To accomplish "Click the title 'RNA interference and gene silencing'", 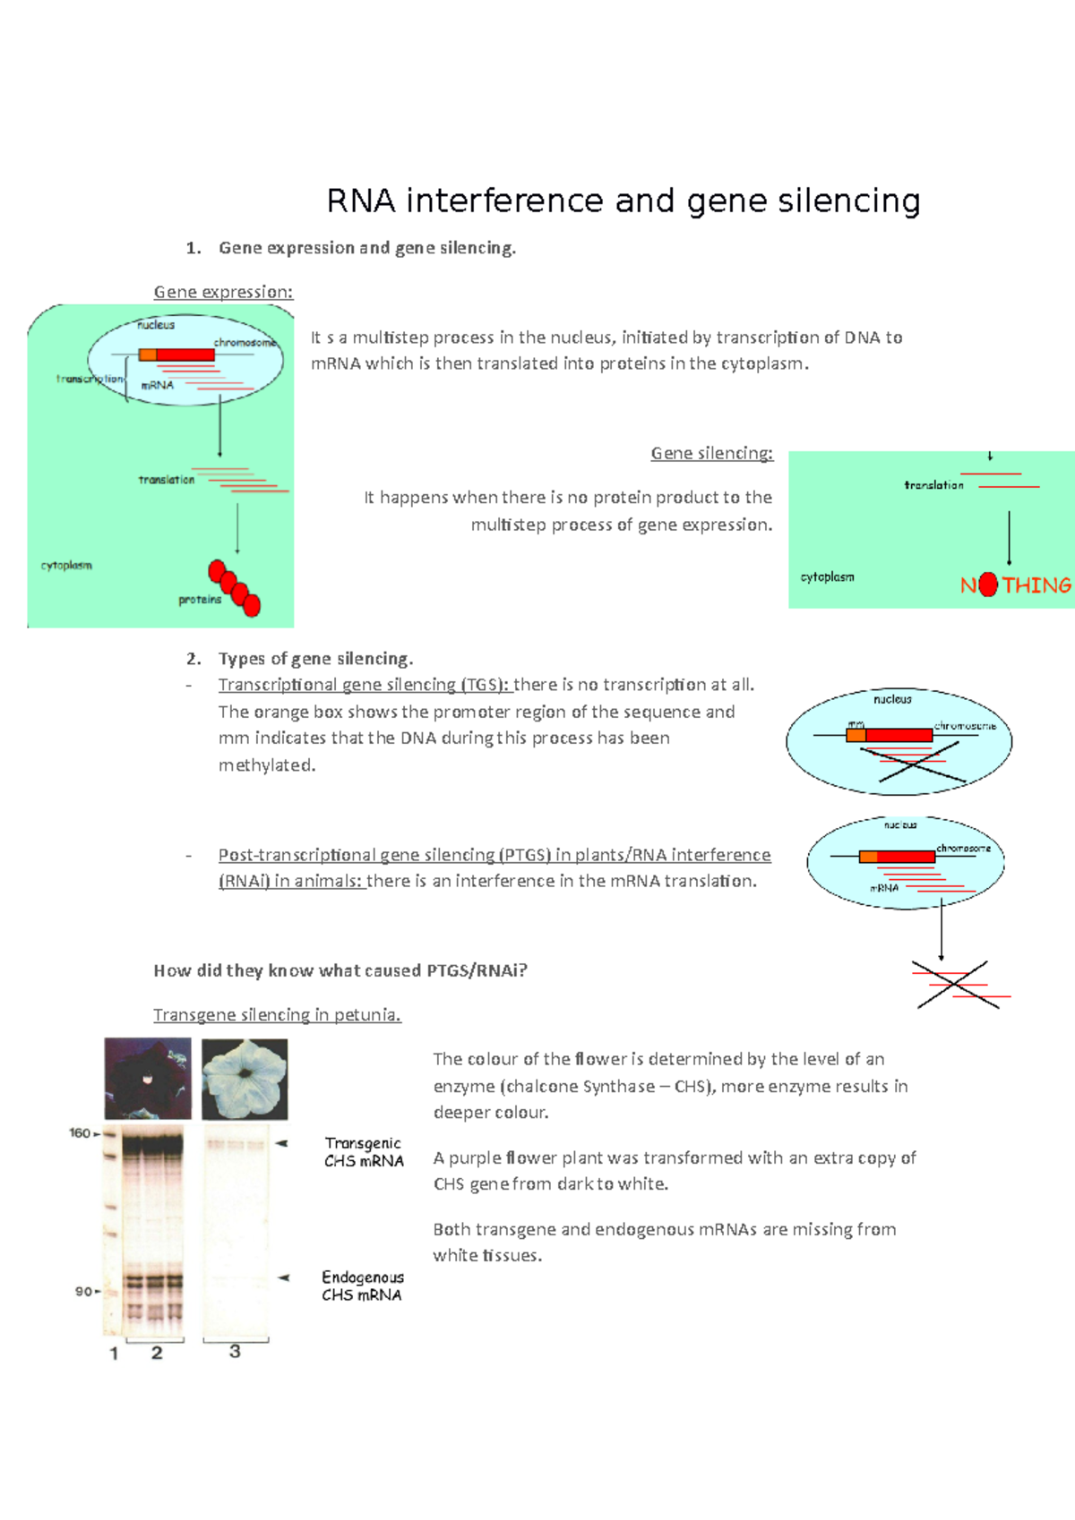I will (623, 201).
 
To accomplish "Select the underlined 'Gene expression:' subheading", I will (223, 292).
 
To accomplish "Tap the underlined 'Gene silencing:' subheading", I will (711, 453).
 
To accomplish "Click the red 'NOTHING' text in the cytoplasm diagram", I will (1015, 585).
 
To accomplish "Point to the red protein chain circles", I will (234, 588).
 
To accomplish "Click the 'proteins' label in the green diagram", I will (199, 600).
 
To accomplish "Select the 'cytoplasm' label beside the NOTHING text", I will (827, 577).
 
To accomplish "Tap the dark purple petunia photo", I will (148, 1078).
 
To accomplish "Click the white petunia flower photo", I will (245, 1079).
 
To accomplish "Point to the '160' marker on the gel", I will (80, 1133).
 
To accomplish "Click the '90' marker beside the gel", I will (83, 1291).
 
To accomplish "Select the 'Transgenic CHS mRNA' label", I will (364, 1152).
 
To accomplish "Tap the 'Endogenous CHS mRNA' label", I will (363, 1285).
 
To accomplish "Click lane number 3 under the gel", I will (235, 1352).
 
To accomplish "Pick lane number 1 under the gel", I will (114, 1353).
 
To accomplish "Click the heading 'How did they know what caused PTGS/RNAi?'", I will (340, 970).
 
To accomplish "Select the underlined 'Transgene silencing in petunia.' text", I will (277, 1014).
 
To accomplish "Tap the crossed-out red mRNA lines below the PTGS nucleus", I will (958, 985).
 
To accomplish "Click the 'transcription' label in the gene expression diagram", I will (90, 379).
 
